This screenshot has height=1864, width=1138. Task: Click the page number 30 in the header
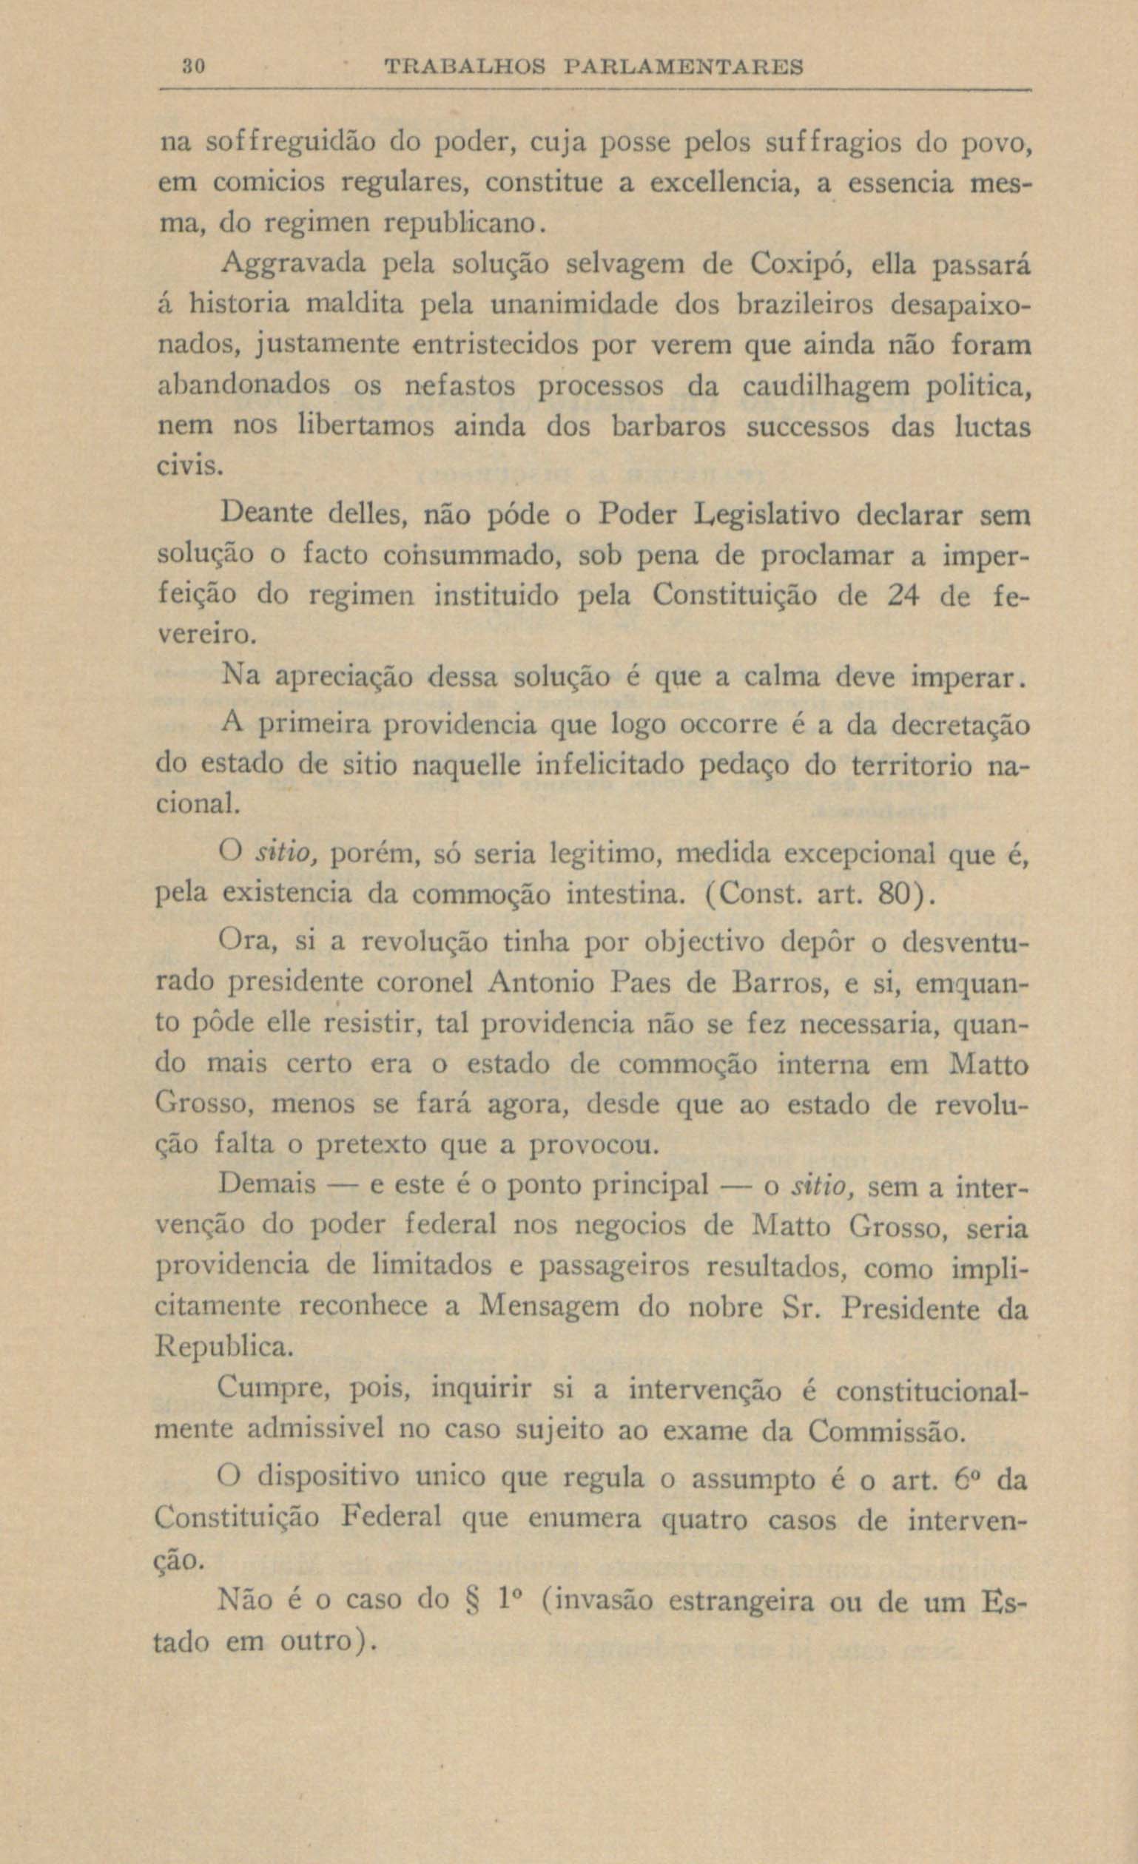click(x=190, y=67)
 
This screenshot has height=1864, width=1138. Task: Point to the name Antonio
click(x=538, y=983)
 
